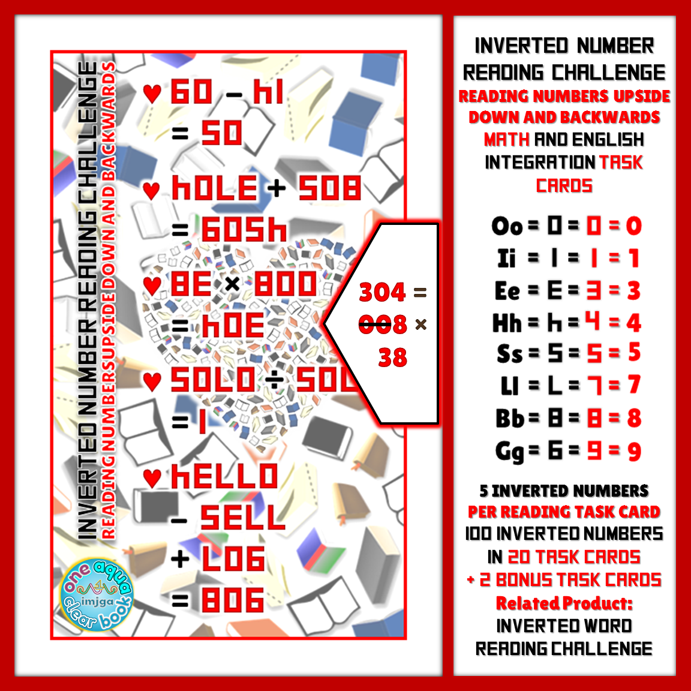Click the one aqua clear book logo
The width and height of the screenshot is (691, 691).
click(x=96, y=596)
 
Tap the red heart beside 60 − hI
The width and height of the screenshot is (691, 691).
click(x=152, y=94)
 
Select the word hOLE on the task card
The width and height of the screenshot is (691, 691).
click(x=215, y=188)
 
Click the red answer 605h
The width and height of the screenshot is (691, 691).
click(x=244, y=230)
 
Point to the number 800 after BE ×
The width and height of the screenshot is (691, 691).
click(x=285, y=284)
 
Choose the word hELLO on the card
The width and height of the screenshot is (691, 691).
click(x=224, y=477)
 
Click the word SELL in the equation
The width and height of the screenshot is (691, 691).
click(x=242, y=518)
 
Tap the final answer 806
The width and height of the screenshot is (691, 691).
click(x=233, y=600)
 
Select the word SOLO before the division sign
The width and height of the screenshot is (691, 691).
click(x=213, y=380)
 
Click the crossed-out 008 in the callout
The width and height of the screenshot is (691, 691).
click(x=383, y=325)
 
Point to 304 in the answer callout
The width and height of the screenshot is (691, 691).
click(x=383, y=293)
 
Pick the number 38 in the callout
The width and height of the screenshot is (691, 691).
click(x=392, y=358)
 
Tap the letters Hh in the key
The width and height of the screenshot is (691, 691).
click(x=507, y=323)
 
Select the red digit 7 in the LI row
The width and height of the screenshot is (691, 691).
click(x=634, y=385)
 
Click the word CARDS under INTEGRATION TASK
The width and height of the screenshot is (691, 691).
click(x=564, y=185)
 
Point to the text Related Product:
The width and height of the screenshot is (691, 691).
click(x=564, y=603)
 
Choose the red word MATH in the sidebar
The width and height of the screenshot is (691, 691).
click(x=507, y=140)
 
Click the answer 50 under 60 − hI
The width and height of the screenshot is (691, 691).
click(x=221, y=133)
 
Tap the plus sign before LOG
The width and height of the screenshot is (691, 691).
click(x=180, y=559)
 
